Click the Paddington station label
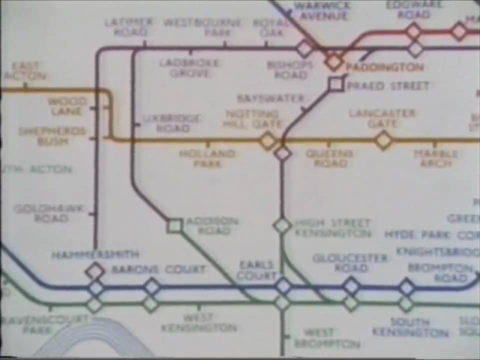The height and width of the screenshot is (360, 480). coord(384,67)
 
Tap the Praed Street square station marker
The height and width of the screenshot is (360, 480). coord(336,84)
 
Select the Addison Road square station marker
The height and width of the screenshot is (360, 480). coord(174,226)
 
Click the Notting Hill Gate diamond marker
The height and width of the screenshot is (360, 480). coord(267,140)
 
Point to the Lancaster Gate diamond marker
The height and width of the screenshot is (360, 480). coord(383,140)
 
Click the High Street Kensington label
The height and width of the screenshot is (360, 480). coord(332,228)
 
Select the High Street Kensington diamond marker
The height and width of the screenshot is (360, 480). coord(282,225)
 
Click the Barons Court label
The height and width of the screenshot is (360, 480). coord(158,269)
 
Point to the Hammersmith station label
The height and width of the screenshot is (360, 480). coord(95,255)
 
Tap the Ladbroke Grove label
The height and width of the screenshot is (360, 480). coord(189,68)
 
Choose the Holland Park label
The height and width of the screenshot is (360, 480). coord(207,158)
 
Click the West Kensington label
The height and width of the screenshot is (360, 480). coord(198,323)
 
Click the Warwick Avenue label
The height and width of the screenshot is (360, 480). coord(321,10)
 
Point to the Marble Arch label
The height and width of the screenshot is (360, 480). coord(435,158)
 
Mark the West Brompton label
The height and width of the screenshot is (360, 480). coord(326,338)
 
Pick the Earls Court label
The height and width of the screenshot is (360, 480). coord(256,270)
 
